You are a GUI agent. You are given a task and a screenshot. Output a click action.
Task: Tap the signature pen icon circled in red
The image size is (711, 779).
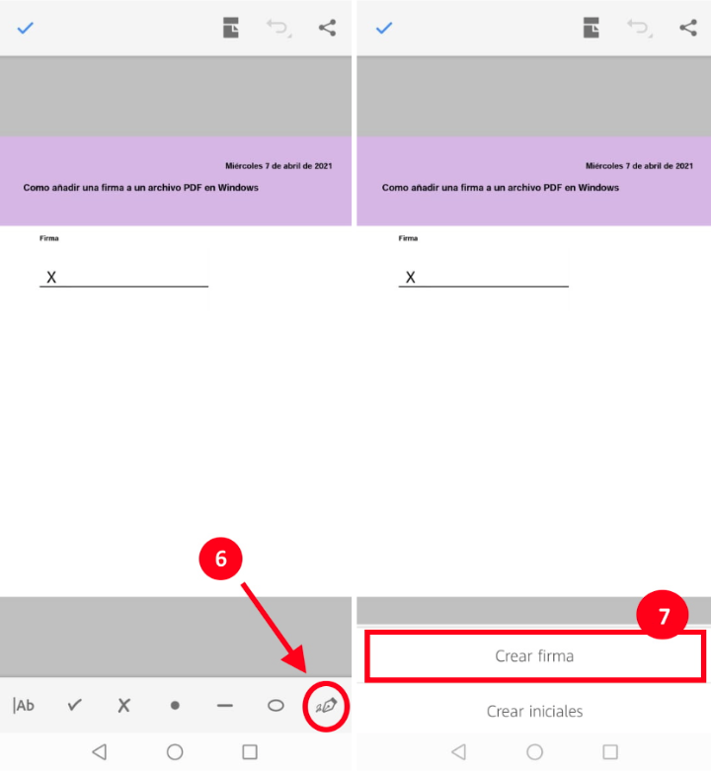(326, 706)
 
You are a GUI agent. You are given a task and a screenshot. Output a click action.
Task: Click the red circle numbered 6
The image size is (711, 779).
(221, 559)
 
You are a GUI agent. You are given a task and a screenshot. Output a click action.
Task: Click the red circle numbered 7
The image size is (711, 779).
(663, 615)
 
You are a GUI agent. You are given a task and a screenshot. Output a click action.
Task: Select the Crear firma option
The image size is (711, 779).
(534, 655)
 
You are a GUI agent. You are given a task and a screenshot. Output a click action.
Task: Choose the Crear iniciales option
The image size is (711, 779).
(534, 711)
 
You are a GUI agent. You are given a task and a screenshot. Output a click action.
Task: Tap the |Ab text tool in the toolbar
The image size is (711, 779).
(24, 705)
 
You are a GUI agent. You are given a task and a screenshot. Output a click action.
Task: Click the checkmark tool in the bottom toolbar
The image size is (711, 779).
(75, 705)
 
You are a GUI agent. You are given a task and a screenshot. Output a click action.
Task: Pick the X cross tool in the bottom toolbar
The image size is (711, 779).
(124, 705)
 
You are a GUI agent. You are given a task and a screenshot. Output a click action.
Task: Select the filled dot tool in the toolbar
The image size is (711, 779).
(175, 705)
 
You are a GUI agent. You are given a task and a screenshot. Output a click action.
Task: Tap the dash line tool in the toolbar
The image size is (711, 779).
(225, 705)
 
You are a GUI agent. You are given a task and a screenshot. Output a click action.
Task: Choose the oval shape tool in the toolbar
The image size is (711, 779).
(276, 706)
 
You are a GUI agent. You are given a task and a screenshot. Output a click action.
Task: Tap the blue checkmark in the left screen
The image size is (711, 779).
(26, 28)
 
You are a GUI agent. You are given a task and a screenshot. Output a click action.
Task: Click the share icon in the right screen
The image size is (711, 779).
(688, 28)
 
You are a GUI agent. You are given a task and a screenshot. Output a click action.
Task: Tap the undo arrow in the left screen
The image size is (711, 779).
(278, 29)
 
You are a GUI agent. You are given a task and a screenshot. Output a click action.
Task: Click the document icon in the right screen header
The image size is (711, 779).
(591, 28)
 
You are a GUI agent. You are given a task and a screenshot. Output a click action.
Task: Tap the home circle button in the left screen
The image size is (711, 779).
(175, 751)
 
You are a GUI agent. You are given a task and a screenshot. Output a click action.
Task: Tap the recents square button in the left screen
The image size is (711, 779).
(250, 751)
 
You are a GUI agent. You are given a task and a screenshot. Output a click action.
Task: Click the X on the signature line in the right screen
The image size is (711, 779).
(411, 277)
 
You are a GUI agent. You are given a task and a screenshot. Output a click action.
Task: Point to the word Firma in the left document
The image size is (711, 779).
(49, 238)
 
